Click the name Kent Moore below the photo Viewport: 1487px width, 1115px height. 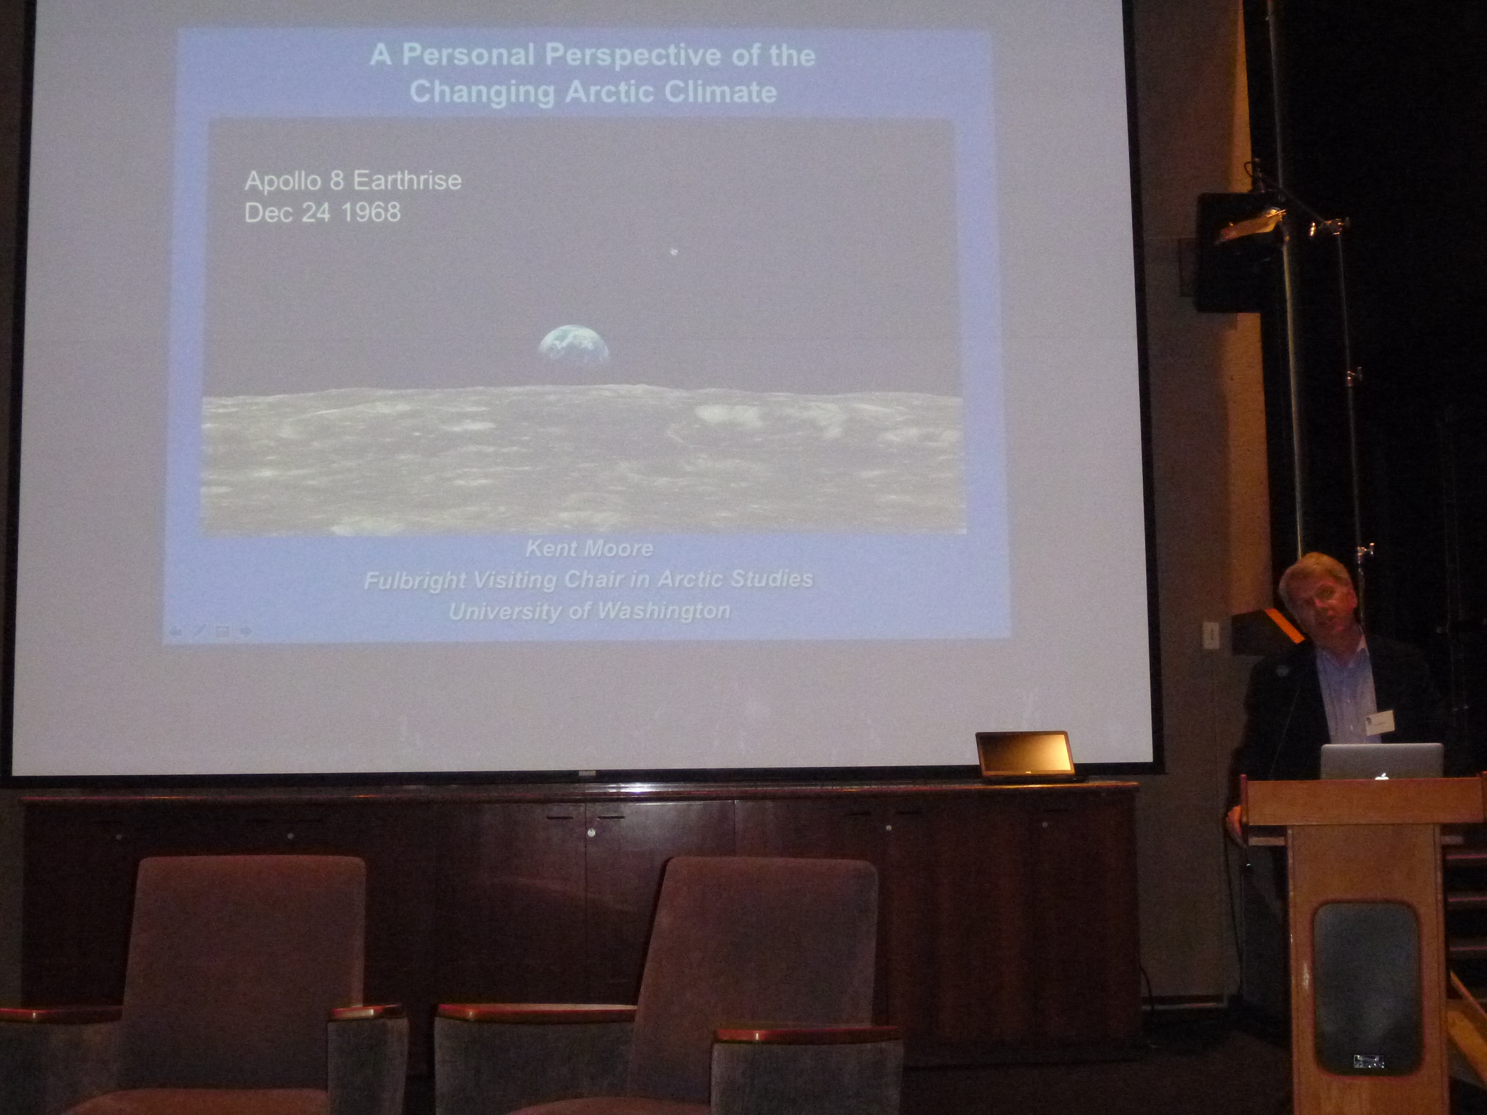click(589, 549)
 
